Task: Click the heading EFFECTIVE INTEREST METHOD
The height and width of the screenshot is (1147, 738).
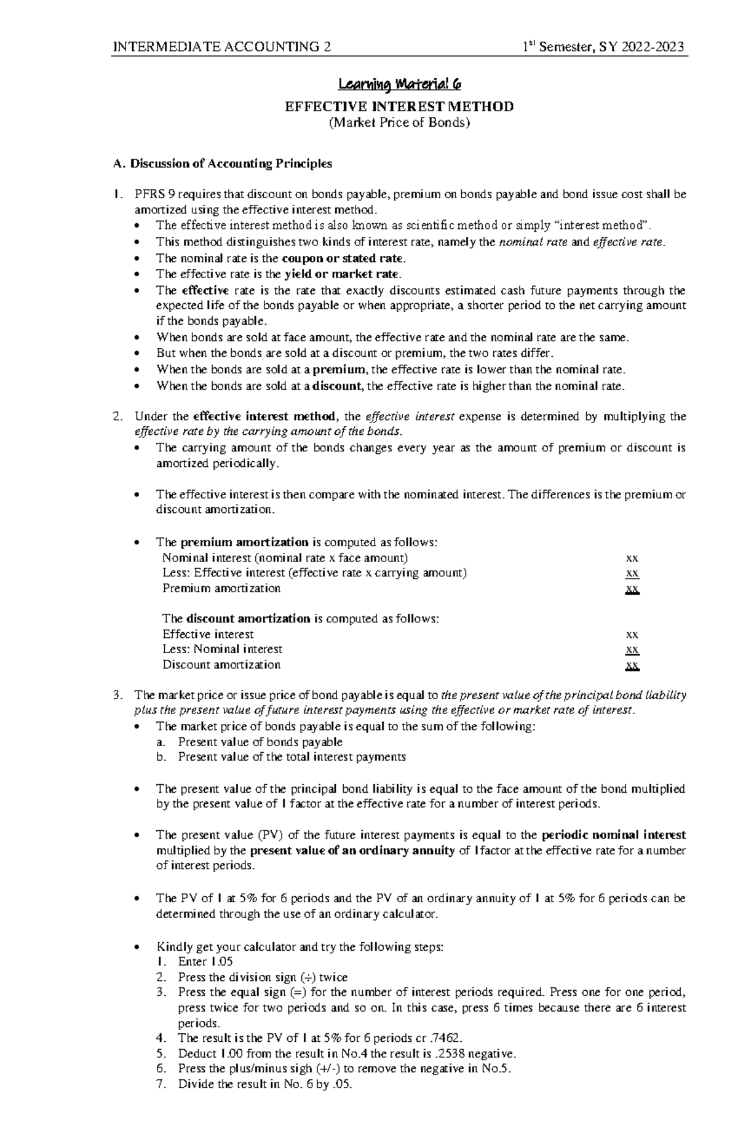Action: click(399, 106)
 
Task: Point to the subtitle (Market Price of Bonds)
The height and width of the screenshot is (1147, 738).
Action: click(399, 122)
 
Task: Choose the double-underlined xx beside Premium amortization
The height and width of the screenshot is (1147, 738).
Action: click(632, 589)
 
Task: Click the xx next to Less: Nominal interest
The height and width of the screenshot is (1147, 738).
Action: click(632, 649)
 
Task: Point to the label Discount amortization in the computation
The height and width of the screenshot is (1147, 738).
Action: click(221, 665)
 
